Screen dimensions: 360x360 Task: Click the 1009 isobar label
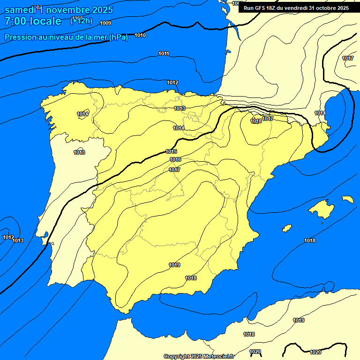tap(105, 23)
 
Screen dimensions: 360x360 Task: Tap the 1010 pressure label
tap(140, 36)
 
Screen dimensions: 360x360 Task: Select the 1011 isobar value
tap(164, 53)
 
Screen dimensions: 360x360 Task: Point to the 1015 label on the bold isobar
tap(171, 151)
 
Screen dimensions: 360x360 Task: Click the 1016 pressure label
tap(175, 160)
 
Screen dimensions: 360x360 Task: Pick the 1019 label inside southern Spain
tap(174, 265)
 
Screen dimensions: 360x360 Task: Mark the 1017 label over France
tap(347, 58)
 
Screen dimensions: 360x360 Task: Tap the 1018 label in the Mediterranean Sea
tap(309, 240)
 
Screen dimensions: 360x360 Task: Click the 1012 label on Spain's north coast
tap(172, 83)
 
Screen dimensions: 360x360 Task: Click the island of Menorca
tap(347, 199)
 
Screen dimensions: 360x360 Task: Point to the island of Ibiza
tap(286, 228)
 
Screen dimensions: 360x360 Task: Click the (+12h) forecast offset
tap(81, 21)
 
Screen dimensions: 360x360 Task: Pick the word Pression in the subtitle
tap(19, 37)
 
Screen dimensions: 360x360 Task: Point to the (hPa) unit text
tap(119, 37)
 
